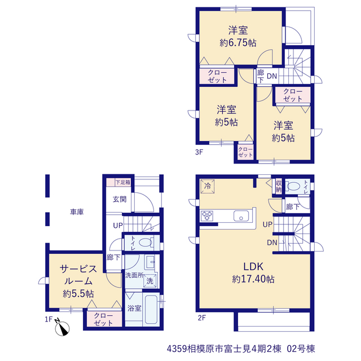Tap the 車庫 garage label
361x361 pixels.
77,212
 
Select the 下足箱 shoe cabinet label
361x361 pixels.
123,182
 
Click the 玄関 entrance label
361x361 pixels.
120,199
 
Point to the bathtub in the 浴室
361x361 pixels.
151,309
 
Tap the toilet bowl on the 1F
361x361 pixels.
146,243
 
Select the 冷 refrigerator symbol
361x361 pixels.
208,186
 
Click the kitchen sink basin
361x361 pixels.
241,216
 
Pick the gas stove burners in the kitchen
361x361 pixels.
207,216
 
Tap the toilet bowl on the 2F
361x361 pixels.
293,186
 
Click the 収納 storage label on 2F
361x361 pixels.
279,187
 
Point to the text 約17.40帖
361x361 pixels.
253,279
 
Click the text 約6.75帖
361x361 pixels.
238,43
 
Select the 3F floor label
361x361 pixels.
199,152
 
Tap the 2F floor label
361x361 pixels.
201,318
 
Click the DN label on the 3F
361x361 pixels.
272,76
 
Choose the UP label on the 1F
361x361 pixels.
118,226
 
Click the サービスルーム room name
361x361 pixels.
78,275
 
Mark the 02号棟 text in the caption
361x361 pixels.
301,349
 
